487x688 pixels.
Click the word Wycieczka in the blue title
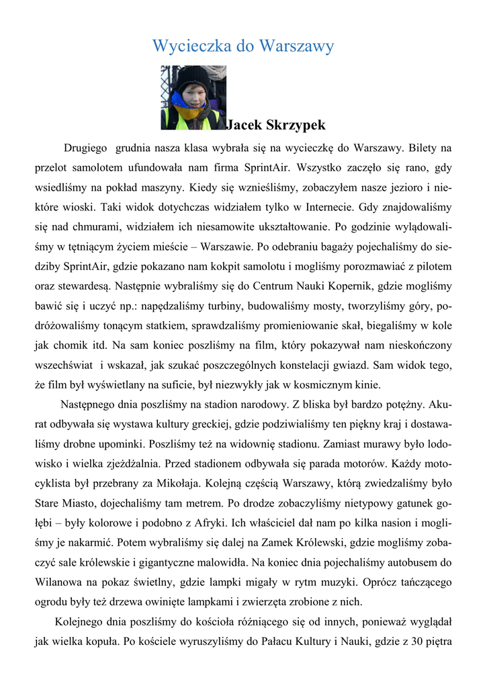(191, 46)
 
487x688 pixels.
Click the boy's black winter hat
(193, 75)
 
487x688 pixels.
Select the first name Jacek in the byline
(246, 125)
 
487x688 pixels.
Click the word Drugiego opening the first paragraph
(86, 147)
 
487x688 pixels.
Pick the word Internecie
(323, 207)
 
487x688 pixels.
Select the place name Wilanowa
(60, 583)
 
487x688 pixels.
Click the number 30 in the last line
(413, 641)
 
